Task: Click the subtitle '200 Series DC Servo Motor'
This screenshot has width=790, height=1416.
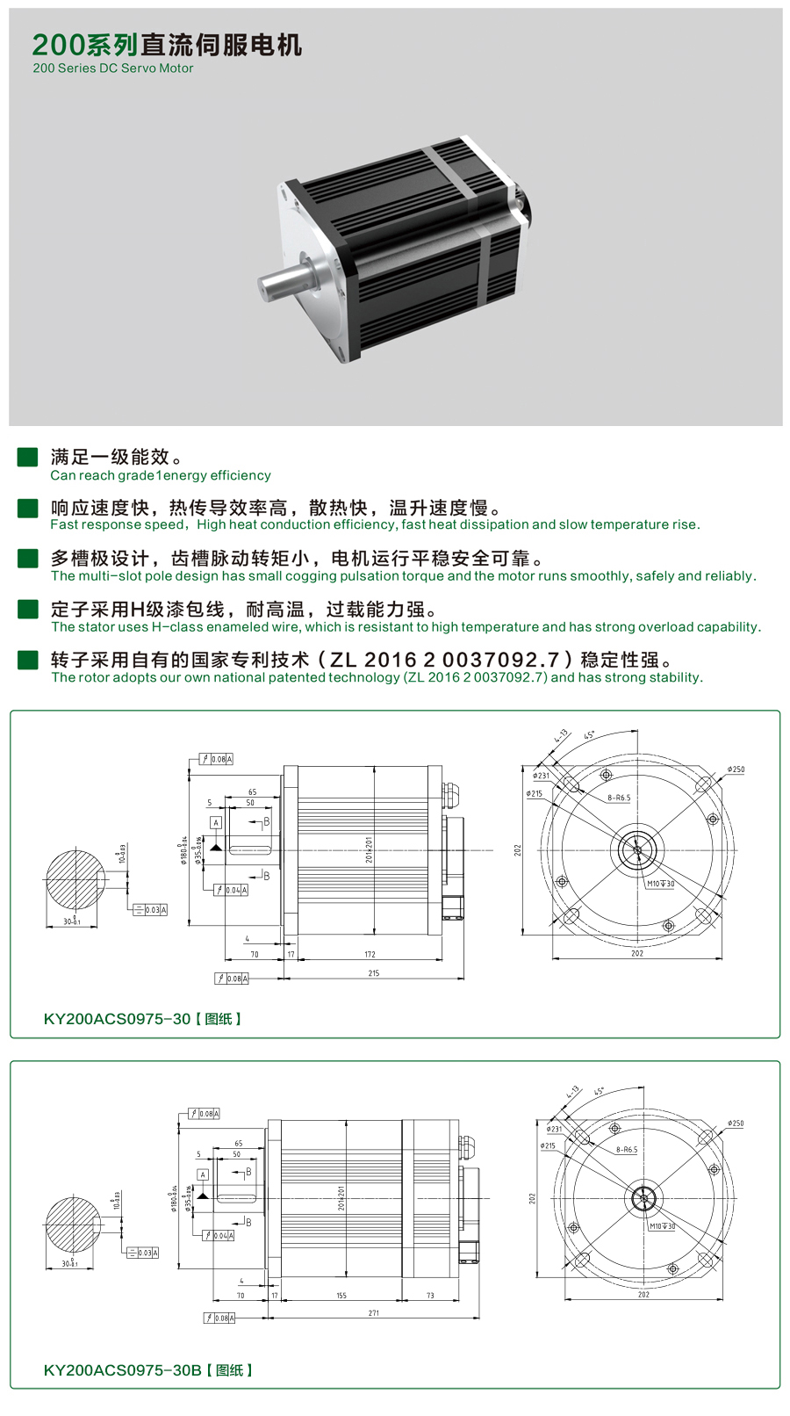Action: click(x=113, y=69)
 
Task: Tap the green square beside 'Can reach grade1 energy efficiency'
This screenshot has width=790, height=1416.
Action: click(x=28, y=457)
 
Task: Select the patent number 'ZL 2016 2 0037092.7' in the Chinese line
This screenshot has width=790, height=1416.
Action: click(x=445, y=660)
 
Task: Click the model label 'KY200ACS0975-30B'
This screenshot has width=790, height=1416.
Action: click(x=122, y=1369)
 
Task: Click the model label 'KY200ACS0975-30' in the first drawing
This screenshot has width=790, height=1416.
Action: click(x=117, y=1019)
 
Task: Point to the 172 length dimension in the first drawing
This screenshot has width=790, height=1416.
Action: click(x=370, y=954)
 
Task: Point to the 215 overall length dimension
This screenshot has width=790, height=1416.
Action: click(x=374, y=973)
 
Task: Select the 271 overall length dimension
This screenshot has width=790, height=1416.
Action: click(x=374, y=1313)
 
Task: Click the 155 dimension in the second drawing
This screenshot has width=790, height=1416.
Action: click(x=341, y=1296)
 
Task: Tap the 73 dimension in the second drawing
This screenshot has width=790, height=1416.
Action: click(x=430, y=1296)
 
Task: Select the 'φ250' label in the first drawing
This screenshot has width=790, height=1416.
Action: click(x=736, y=769)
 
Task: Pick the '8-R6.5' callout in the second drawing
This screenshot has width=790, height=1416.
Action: click(x=627, y=1149)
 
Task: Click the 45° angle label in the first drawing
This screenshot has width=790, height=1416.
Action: click(x=589, y=734)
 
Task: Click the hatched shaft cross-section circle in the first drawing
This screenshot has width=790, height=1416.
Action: click(x=74, y=883)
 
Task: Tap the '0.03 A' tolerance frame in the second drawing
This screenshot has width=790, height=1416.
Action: click(x=143, y=1253)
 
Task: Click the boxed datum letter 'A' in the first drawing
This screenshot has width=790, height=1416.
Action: click(x=216, y=822)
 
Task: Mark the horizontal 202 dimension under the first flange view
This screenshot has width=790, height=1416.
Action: click(x=637, y=953)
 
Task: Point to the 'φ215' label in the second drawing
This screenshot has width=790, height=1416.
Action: click(x=548, y=1145)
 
